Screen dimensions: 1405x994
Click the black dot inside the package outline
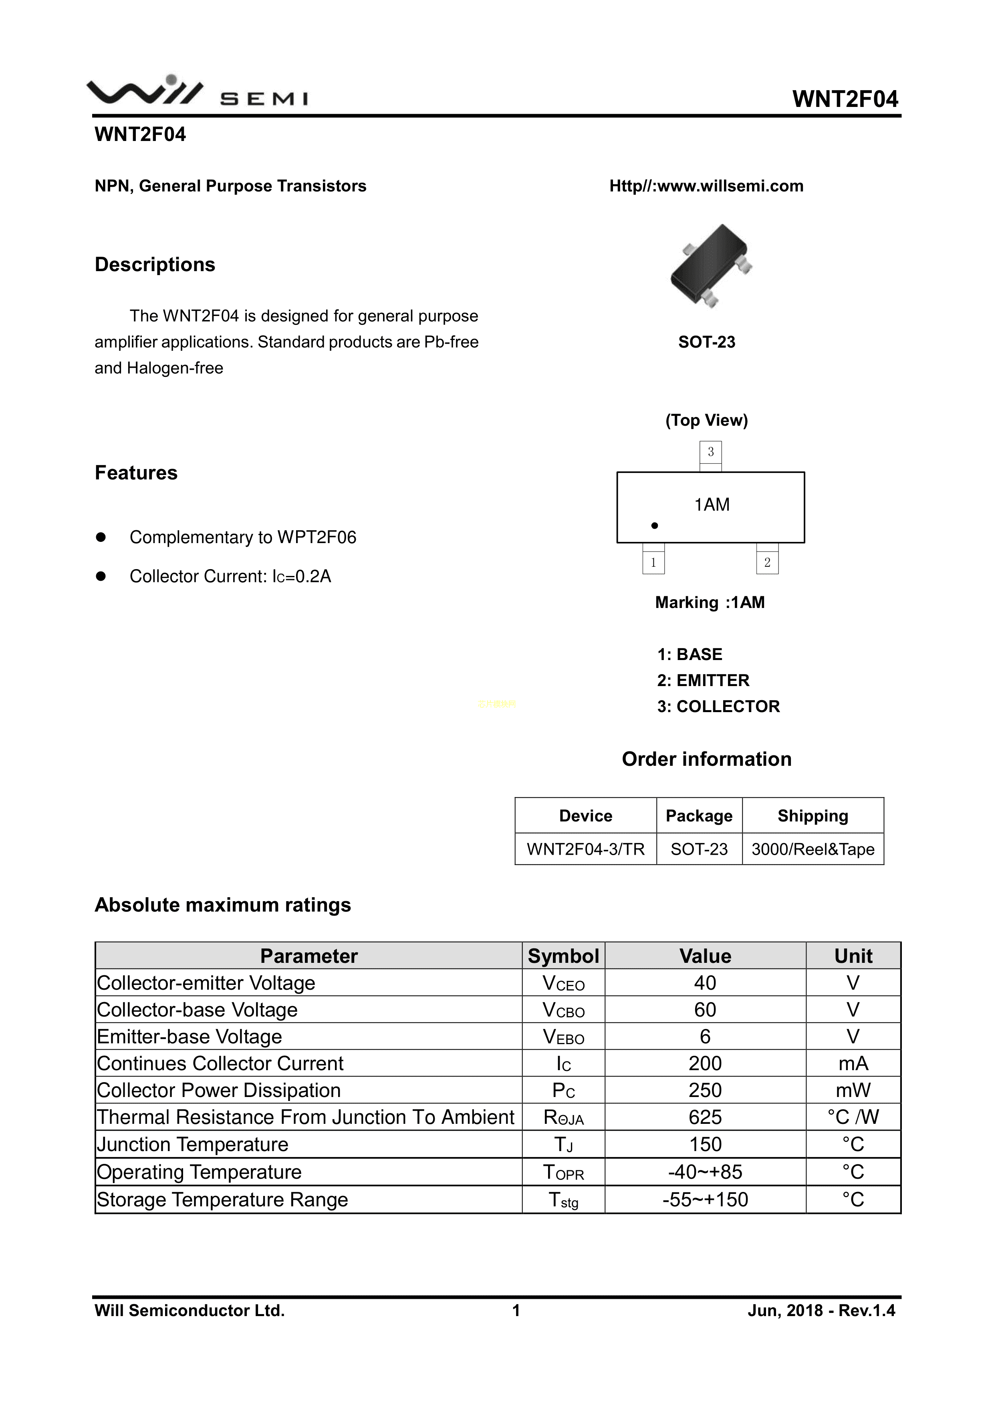(x=654, y=525)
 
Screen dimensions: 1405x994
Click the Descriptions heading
(x=155, y=264)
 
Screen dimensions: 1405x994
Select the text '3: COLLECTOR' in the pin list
(x=719, y=706)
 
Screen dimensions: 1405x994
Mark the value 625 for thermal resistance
(x=705, y=1117)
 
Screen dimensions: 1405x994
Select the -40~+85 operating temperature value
(x=705, y=1172)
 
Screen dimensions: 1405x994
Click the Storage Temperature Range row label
(x=222, y=1200)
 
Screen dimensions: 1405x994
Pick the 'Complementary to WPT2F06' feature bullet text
(x=243, y=537)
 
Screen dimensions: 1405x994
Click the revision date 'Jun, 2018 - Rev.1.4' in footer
(x=821, y=1310)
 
